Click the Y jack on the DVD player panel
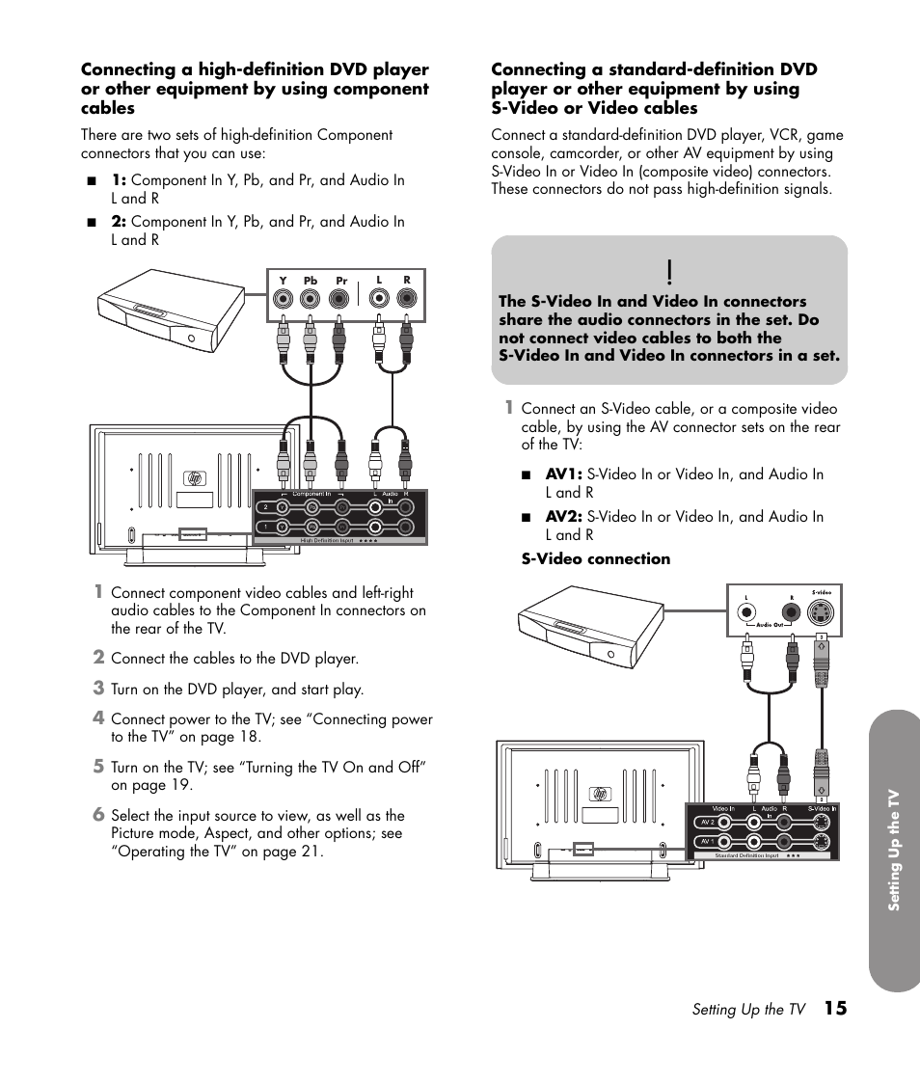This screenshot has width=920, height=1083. pos(283,299)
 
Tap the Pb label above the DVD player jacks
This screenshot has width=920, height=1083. pos(311,282)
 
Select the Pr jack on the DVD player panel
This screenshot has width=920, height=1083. pos(339,299)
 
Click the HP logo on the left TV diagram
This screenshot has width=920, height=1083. pos(196,478)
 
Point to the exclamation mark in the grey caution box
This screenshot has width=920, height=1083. pos(668,271)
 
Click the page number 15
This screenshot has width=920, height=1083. pos(835,1009)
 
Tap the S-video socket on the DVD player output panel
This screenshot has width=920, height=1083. pos(822,611)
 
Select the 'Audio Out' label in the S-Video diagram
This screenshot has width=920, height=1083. pos(769,626)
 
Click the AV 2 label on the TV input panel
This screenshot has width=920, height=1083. pos(707,823)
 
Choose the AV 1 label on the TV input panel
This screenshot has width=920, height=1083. pos(707,842)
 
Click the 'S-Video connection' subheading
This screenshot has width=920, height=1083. pos(595,559)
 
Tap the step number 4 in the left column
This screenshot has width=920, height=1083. pos(98,718)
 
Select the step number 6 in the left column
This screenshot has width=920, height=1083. pos(98,815)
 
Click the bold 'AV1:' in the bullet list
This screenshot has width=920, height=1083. pos(563,474)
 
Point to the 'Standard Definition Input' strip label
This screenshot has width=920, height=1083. pos(747,855)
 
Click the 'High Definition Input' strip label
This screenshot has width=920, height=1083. pos(327,541)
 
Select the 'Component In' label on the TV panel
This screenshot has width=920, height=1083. pos(311,494)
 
